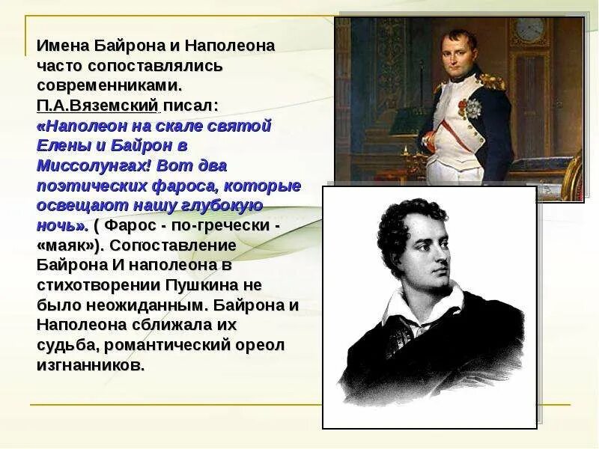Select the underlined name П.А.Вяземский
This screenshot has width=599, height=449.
pyautogui.click(x=97, y=104)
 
